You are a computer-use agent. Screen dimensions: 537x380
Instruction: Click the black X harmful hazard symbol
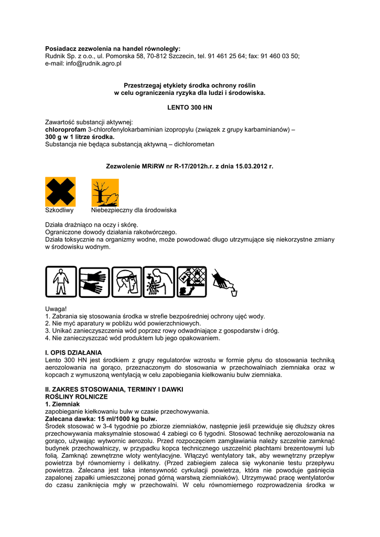[x=60, y=192]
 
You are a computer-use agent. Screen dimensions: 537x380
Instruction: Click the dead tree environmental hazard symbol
[x=105, y=192]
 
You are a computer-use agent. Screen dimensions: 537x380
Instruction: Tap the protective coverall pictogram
[x=61, y=282]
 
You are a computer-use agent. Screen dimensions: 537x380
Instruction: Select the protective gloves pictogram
[x=94, y=282]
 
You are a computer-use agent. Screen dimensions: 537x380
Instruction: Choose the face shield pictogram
[x=126, y=282]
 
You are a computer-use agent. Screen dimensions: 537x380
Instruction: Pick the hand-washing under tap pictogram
[x=159, y=282]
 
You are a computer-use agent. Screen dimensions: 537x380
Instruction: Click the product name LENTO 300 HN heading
[x=189, y=107]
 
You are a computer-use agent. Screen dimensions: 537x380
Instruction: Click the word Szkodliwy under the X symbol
[x=59, y=210]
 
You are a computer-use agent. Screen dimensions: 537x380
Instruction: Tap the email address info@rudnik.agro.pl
[x=94, y=63]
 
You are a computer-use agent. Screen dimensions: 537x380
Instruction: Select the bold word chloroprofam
[x=66, y=130]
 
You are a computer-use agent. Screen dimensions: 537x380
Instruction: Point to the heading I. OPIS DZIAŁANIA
[x=73, y=352]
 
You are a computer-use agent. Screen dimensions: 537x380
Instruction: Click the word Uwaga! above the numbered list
[x=56, y=309]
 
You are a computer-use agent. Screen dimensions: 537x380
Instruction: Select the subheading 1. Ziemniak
[x=62, y=404]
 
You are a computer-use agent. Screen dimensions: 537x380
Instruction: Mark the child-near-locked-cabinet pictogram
[x=191, y=282]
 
